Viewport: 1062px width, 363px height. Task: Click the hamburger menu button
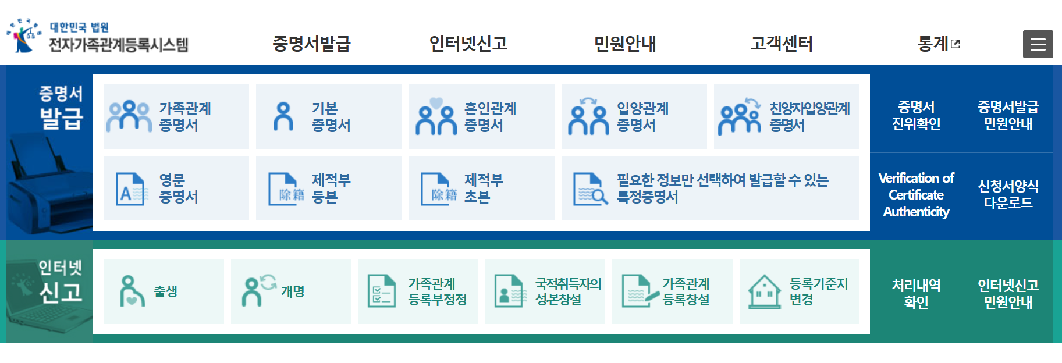coord(1038,44)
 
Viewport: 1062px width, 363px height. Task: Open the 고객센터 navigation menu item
coord(782,44)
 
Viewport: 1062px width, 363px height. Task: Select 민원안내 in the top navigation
coord(625,44)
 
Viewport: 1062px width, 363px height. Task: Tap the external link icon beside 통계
coord(955,44)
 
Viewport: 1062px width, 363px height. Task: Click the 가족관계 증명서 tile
coord(176,116)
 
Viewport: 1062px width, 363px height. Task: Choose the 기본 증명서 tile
coord(328,116)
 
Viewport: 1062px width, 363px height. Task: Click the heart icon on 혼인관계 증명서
coord(436,104)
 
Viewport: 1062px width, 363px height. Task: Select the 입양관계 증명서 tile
coord(634,116)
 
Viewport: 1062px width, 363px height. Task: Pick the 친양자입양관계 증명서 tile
coord(786,116)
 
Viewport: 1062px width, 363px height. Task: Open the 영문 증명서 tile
coord(176,188)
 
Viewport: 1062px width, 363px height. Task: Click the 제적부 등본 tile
coord(328,188)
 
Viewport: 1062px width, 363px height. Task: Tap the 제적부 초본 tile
coord(481,188)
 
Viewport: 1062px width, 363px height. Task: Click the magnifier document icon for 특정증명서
coord(590,188)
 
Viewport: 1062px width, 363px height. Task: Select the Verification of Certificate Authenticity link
coord(916,194)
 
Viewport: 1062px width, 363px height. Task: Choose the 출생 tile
coord(164,291)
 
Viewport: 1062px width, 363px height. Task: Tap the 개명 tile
coord(290,291)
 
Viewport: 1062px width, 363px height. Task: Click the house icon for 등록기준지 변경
coord(764,291)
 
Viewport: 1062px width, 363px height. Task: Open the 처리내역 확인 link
coord(916,293)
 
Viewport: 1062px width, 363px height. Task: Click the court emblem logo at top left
coord(23,35)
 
